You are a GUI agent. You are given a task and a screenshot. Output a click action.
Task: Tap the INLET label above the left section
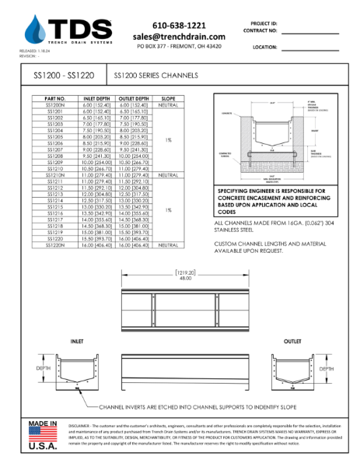click(x=78, y=342)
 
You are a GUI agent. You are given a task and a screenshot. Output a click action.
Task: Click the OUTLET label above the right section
click(x=292, y=342)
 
